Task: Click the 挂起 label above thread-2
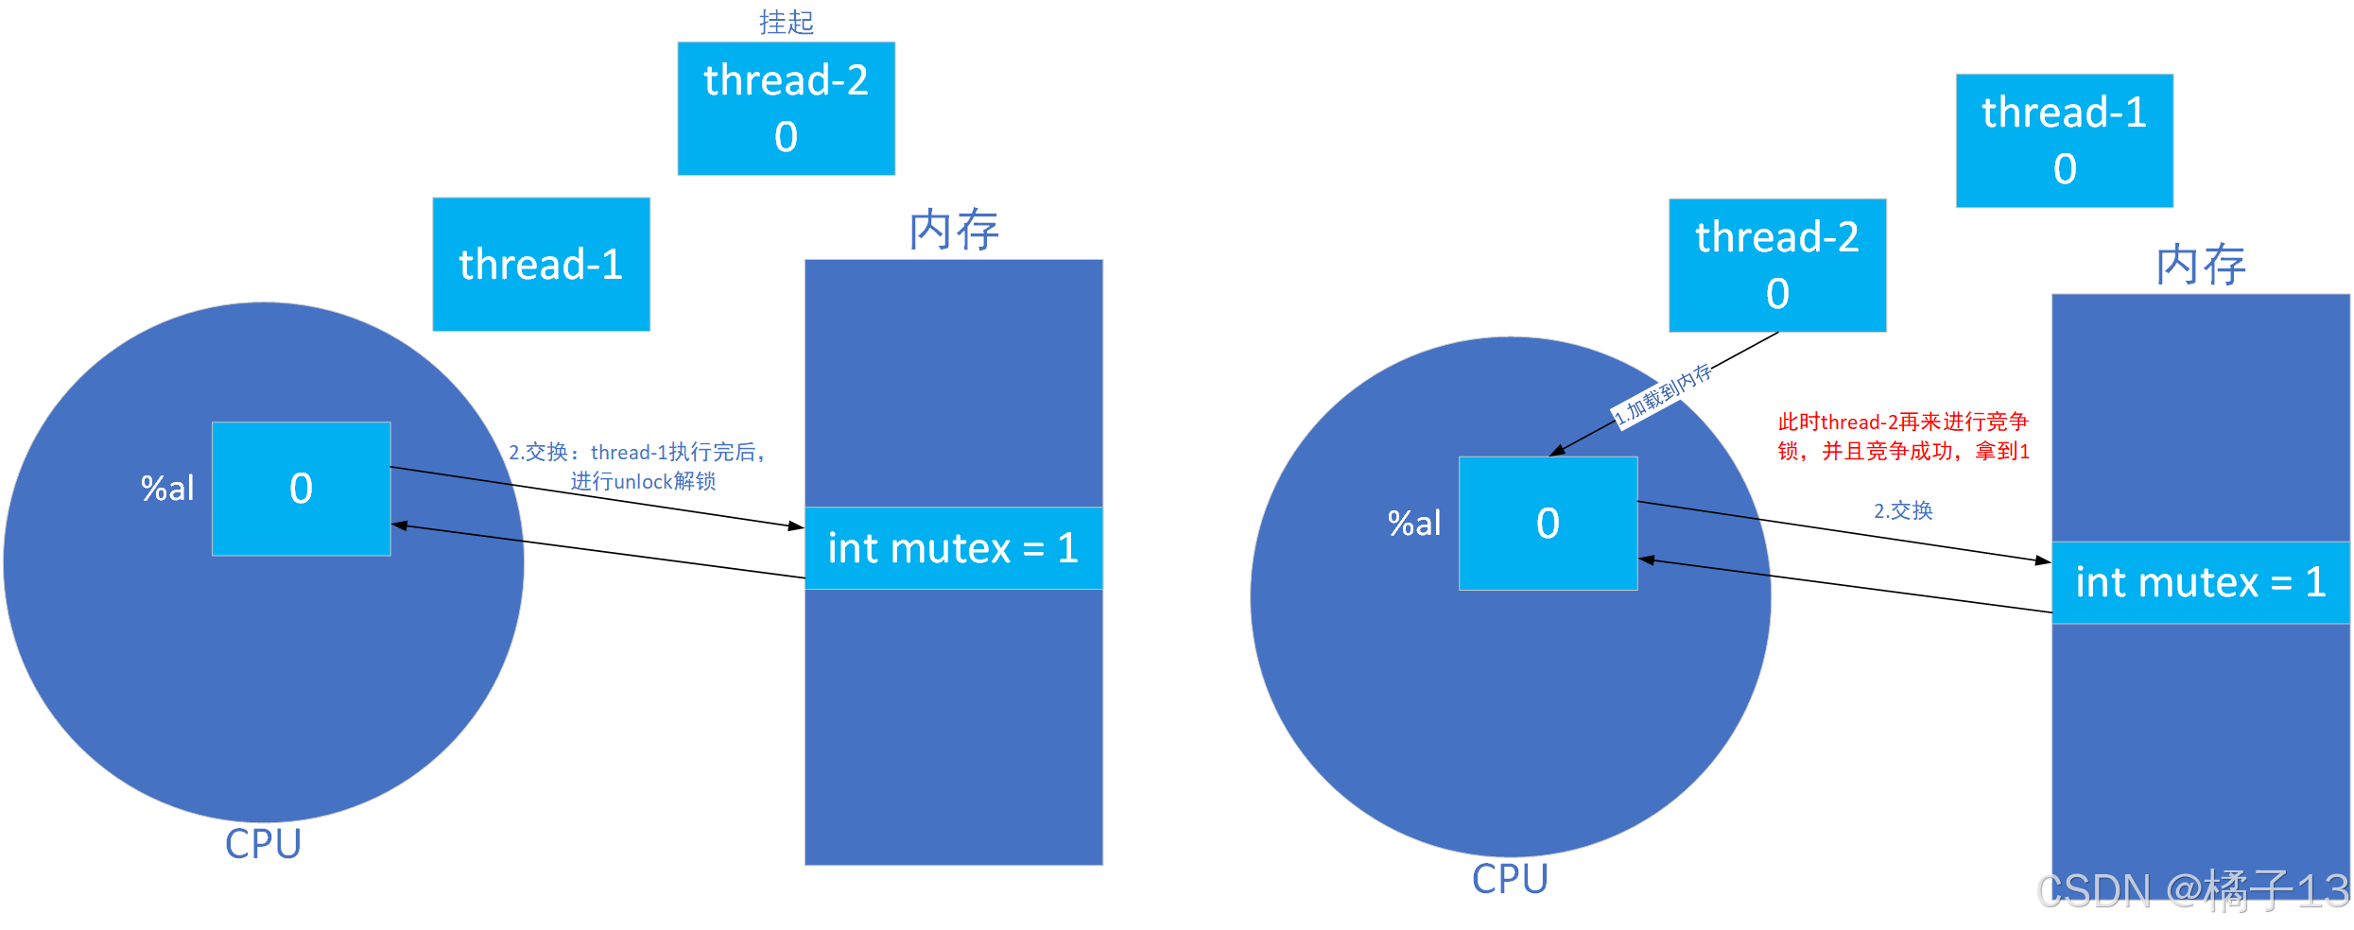[786, 22]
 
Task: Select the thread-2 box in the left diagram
[786, 109]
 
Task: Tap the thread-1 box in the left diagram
[541, 264]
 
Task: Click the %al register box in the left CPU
[301, 489]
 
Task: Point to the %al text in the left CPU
[167, 489]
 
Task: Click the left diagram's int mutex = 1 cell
[953, 548]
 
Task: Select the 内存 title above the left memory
[953, 230]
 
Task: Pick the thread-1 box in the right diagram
[2064, 140]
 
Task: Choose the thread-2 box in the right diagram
[1777, 265]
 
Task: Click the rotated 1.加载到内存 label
[1662, 395]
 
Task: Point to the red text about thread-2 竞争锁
[1903, 436]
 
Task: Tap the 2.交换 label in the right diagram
[1903, 510]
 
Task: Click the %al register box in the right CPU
[1548, 524]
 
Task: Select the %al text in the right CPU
[1414, 524]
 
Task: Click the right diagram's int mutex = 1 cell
[2200, 582]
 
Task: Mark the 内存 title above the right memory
[2200, 264]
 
